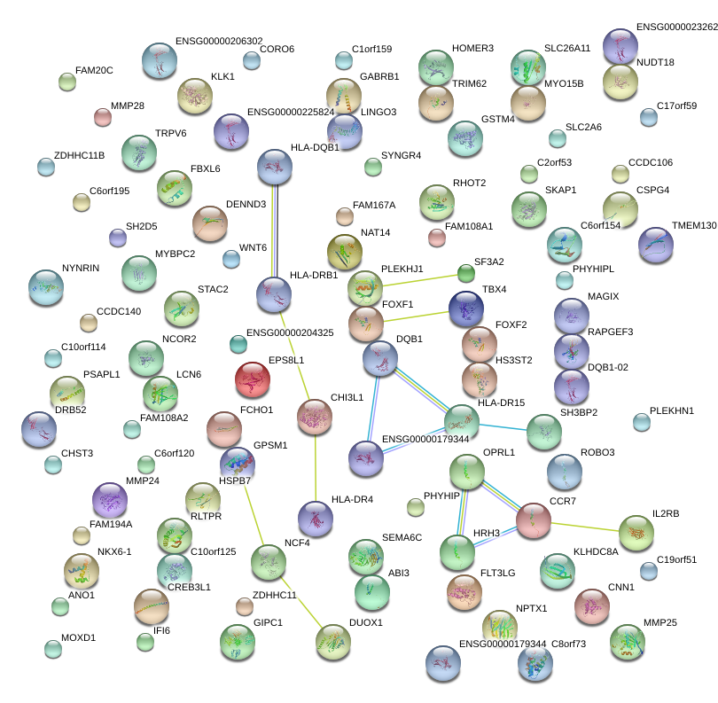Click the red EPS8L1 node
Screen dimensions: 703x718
(x=253, y=379)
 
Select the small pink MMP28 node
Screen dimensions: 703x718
(x=103, y=116)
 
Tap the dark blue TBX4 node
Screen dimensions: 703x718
(x=465, y=308)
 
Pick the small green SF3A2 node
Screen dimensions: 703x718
(x=465, y=272)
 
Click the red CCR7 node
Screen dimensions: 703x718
(x=534, y=520)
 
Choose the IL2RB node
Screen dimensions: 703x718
(x=636, y=532)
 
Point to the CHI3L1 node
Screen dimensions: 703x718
(x=315, y=417)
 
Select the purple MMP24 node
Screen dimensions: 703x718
(x=110, y=500)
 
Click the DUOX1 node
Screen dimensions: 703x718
(x=332, y=641)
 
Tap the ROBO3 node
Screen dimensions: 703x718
(x=564, y=472)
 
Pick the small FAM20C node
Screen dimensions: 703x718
(x=66, y=82)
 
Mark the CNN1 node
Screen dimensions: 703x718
(x=591, y=605)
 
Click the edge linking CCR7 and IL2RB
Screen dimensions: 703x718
(x=585, y=527)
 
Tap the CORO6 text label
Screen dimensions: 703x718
(x=277, y=49)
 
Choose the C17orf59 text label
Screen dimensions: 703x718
(x=677, y=105)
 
